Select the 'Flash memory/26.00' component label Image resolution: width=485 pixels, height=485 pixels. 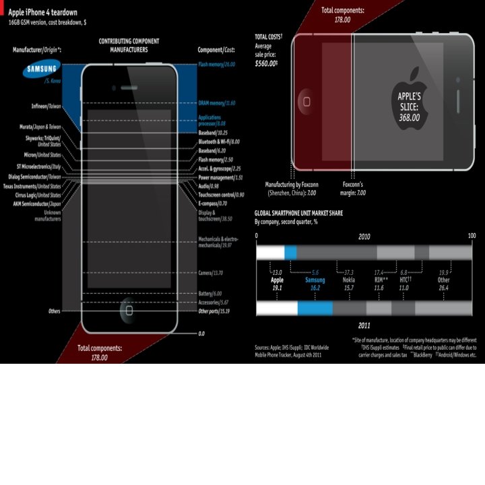tap(216, 64)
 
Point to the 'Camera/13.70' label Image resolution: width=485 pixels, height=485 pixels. tap(210, 272)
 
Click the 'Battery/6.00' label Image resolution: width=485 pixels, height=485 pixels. tap(209, 294)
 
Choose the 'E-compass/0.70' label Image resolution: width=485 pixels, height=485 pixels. tap(212, 203)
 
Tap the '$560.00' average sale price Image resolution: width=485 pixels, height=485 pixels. tap(266, 64)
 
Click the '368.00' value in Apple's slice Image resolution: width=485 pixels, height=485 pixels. tap(409, 117)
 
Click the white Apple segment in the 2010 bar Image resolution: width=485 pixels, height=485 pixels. tap(270, 253)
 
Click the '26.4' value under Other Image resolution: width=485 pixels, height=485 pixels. tap(443, 288)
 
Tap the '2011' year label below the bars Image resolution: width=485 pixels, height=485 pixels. tap(364, 325)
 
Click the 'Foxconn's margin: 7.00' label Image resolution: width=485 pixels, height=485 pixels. tap(353, 188)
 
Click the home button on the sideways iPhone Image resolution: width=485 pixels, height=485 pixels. tap(306, 101)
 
